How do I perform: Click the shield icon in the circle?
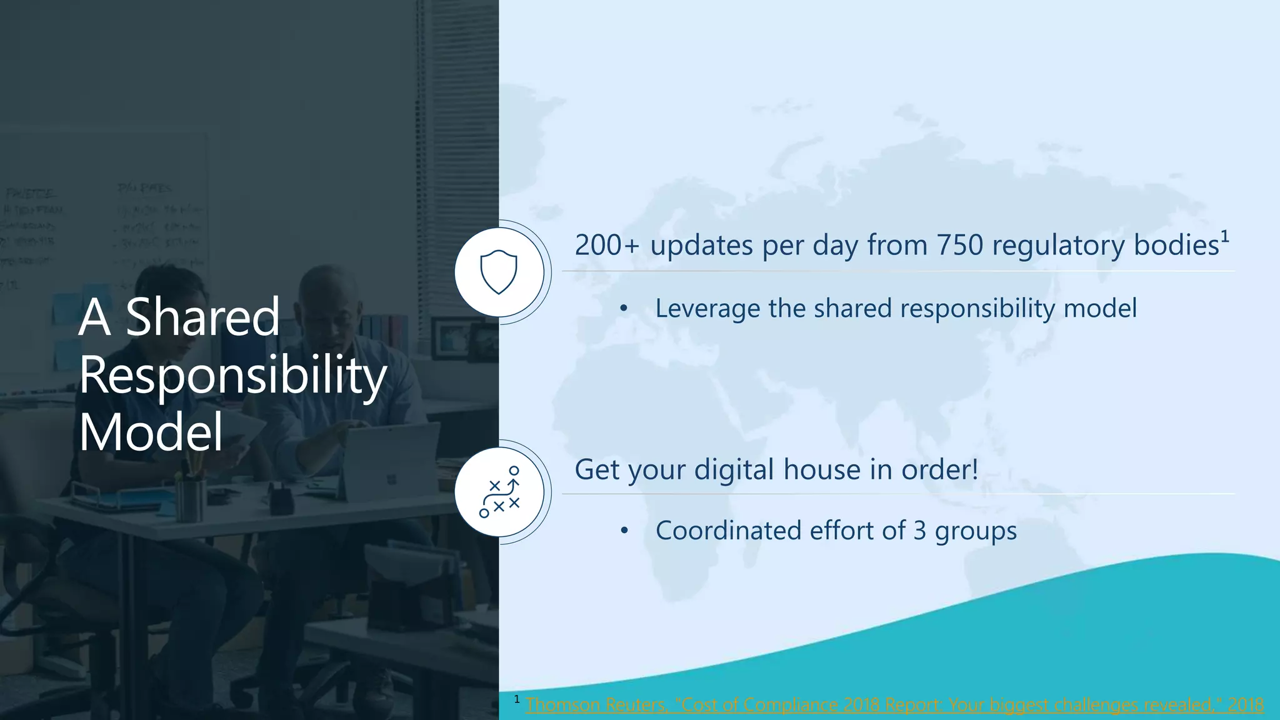(499, 272)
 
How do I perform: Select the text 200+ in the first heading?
(606, 245)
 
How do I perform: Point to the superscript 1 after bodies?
(1225, 236)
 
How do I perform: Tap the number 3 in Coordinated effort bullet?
(919, 531)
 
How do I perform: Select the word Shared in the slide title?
(202, 317)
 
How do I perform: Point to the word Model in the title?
(151, 432)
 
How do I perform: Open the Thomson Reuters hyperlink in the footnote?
(894, 705)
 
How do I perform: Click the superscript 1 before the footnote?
(517, 699)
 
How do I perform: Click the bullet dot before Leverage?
(623, 309)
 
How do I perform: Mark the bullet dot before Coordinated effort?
(623, 531)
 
